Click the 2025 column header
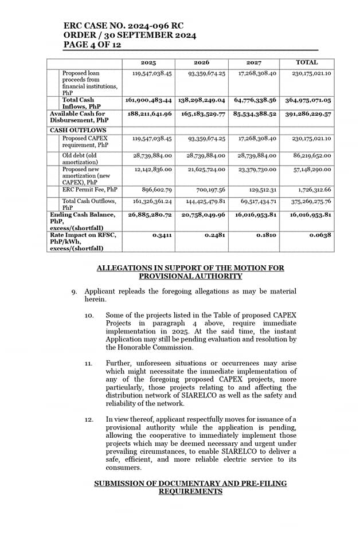coord(148,62)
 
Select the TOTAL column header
coord(307,62)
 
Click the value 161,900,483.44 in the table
coord(148,100)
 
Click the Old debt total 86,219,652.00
coord(311,155)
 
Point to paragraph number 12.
coord(89,420)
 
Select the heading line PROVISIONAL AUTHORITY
coord(190,276)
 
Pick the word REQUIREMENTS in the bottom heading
coord(190,492)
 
